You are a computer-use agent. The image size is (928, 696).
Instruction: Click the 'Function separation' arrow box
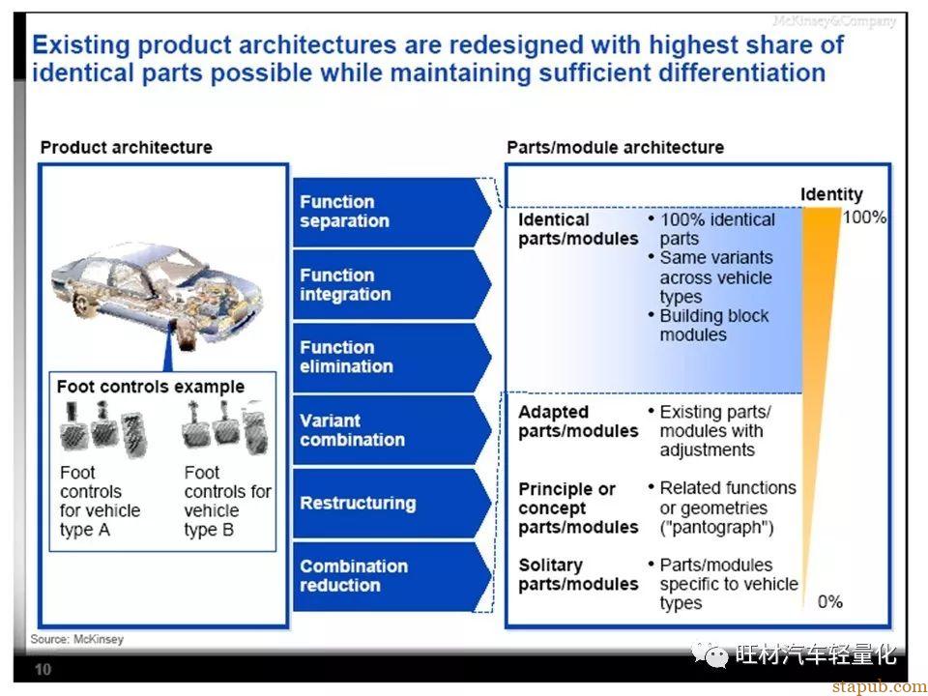coord(391,212)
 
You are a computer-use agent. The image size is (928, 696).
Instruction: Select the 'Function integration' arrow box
coord(391,284)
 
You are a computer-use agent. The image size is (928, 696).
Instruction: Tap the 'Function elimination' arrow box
coord(391,357)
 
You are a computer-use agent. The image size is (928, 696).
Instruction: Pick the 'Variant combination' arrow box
coord(391,430)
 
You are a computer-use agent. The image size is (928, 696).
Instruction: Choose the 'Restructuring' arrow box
coord(391,503)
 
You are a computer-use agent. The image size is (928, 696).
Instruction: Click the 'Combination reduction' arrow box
coord(391,576)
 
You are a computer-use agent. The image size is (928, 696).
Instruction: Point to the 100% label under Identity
coord(864,217)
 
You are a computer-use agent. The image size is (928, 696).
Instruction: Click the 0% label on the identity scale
coord(829,602)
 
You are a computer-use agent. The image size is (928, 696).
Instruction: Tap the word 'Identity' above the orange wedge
coord(831,194)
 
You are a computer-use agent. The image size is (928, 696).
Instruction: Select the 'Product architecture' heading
coord(126,147)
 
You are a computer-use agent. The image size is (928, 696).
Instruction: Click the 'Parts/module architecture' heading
coord(615,147)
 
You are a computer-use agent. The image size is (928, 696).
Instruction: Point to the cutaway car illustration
coord(157,294)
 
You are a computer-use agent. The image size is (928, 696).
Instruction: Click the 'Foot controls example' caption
coord(151,387)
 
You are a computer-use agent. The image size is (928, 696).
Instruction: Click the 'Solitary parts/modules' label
coord(578,574)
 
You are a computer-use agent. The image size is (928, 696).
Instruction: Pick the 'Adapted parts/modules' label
coord(578,421)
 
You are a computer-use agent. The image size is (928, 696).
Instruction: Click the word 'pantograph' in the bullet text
coord(716,528)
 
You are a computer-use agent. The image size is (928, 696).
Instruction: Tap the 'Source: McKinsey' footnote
coord(77,639)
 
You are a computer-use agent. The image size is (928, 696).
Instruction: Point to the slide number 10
coord(43,669)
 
